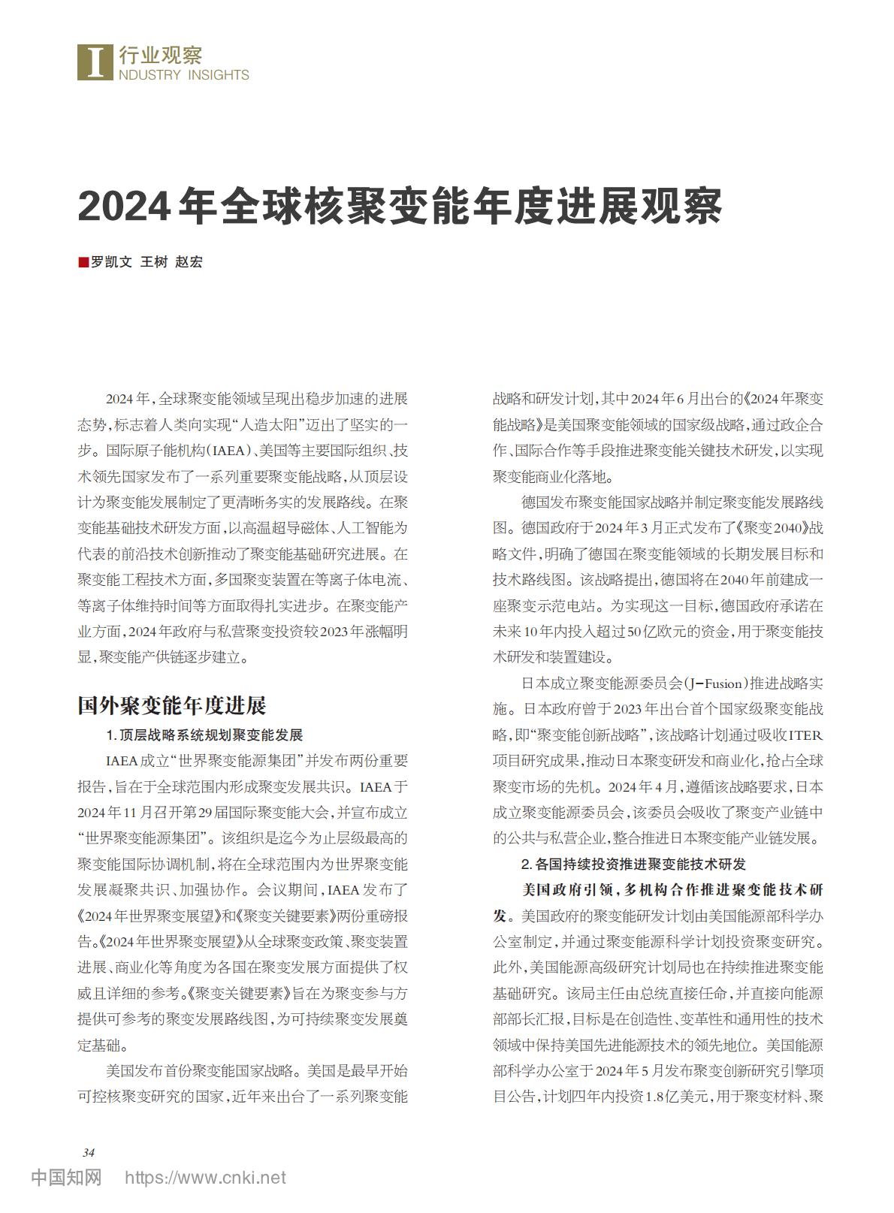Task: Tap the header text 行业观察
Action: pyautogui.click(x=160, y=54)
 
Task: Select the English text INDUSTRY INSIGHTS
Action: pyautogui.click(x=183, y=75)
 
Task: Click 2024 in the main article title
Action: pyautogui.click(x=123, y=206)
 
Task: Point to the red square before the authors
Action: pyautogui.click(x=83, y=262)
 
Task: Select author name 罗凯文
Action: pyautogui.click(x=111, y=262)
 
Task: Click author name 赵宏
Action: pyautogui.click(x=189, y=262)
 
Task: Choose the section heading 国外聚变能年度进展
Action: pyautogui.click(x=172, y=706)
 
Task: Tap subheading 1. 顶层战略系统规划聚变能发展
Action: pyautogui.click(x=204, y=735)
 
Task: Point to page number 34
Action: pyautogui.click(x=88, y=1153)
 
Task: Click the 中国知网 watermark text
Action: pyautogui.click(x=66, y=1178)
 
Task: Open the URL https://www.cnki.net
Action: pyautogui.click(x=205, y=1178)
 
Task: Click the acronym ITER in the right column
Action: pyautogui.click(x=808, y=735)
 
